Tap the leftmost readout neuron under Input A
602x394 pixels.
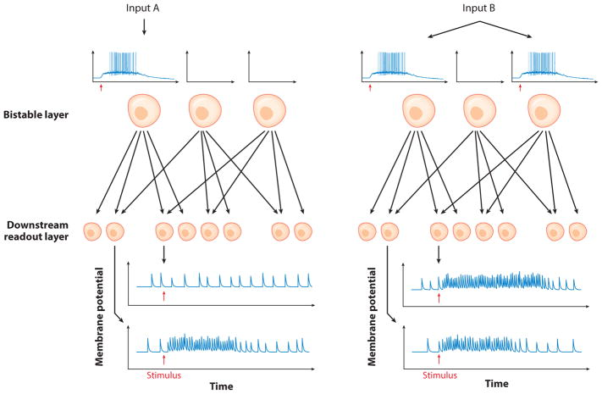[x=93, y=230]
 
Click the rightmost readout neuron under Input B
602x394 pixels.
[x=577, y=230]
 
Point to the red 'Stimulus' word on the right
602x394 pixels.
[x=439, y=374]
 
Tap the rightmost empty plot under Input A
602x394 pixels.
[x=271, y=68]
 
